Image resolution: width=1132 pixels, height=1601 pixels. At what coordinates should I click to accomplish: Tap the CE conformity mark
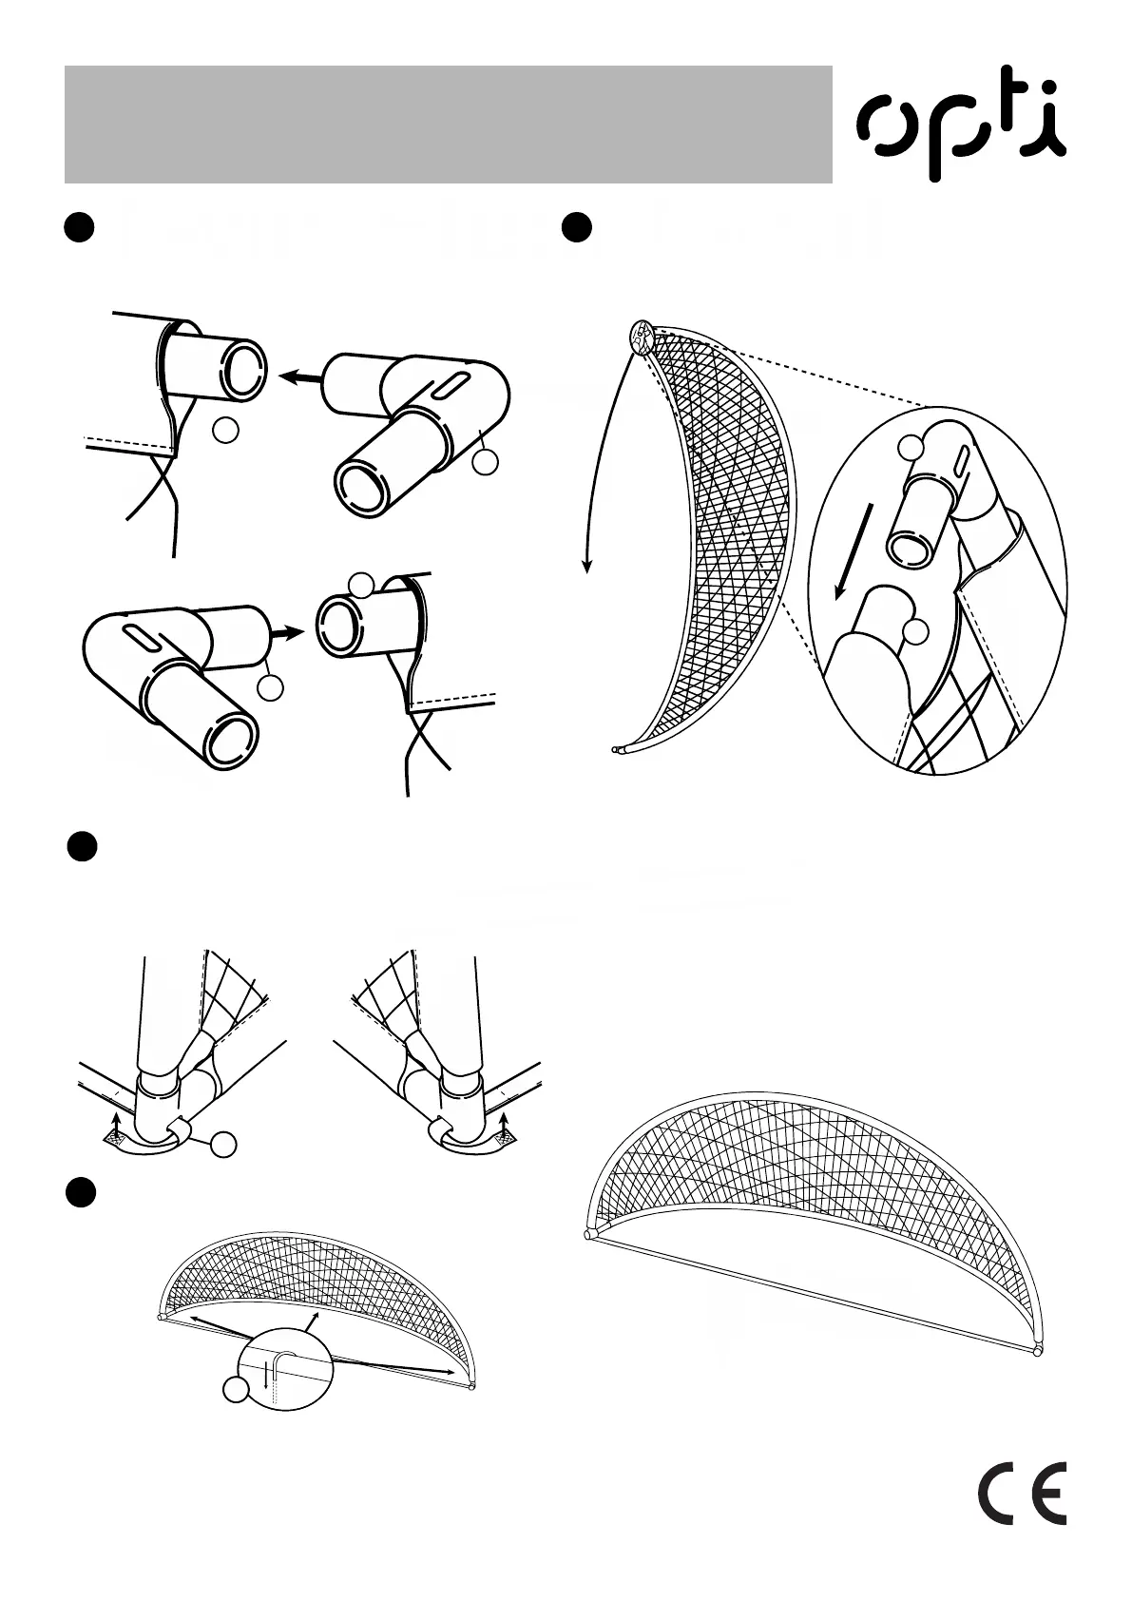coord(1022,1492)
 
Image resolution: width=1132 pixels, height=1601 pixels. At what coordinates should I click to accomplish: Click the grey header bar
coord(448,124)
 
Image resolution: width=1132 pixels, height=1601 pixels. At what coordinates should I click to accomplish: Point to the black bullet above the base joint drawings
coord(83,846)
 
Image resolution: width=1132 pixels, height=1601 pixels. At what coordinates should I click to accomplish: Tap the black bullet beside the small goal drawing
coord(83,1192)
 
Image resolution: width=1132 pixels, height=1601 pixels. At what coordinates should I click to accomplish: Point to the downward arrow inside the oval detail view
coord(852,552)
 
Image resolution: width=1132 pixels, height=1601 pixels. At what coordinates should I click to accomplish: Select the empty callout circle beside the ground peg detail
coord(235,1390)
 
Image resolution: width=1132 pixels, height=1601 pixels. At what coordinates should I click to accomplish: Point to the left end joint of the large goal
coord(589,1235)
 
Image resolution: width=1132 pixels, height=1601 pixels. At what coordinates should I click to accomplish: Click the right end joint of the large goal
coord(1038,1348)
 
